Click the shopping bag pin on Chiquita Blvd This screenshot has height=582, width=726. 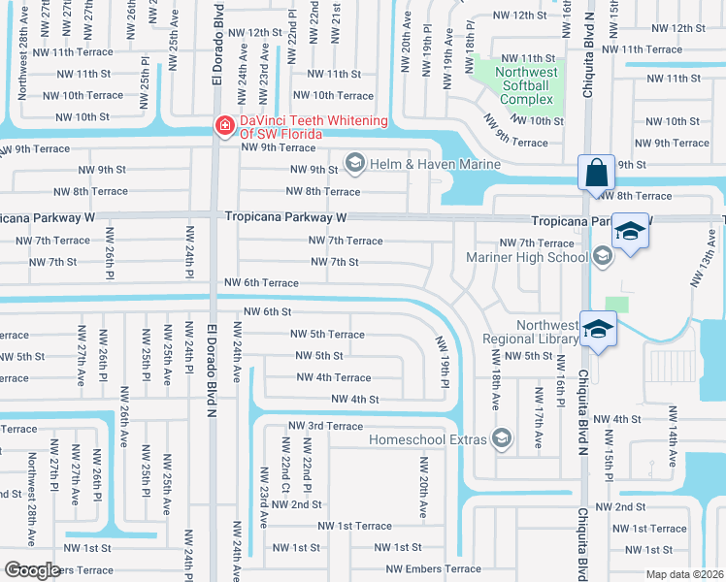(x=596, y=174)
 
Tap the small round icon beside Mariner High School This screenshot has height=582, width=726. (x=602, y=257)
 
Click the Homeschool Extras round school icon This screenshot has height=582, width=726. (x=501, y=438)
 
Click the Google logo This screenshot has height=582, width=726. (x=32, y=569)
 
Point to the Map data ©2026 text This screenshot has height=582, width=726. (x=684, y=574)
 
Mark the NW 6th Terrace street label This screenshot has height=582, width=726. (x=261, y=282)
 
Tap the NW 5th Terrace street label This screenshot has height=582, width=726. (x=327, y=334)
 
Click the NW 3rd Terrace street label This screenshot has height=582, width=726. (x=326, y=426)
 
